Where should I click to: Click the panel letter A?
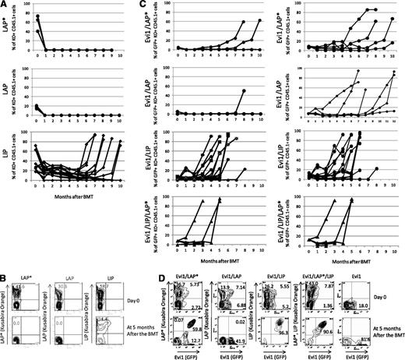[x=5, y=5]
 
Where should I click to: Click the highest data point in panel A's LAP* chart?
[x=37, y=16]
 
